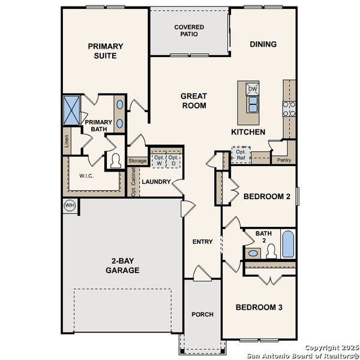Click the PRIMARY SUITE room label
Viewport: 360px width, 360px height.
[x=105, y=51]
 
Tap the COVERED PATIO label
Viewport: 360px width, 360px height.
[x=189, y=31]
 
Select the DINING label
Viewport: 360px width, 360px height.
[x=263, y=44]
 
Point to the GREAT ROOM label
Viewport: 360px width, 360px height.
[x=194, y=101]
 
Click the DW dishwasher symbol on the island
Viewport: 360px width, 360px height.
[x=253, y=89]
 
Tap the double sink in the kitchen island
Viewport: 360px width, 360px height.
[x=253, y=106]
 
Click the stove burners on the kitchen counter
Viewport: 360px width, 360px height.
[x=289, y=108]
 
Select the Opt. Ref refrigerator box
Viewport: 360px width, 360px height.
[x=241, y=154]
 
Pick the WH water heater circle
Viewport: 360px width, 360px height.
[x=70, y=205]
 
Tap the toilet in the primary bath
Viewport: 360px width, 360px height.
[x=114, y=161]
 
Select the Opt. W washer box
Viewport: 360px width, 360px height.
[x=158, y=160]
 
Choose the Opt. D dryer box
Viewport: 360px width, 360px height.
[x=173, y=160]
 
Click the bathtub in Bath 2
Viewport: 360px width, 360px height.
[x=288, y=244]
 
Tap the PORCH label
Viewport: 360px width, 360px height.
[x=202, y=314]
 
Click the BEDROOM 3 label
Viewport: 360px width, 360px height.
[x=259, y=307]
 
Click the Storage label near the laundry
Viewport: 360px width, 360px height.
[x=137, y=161]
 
